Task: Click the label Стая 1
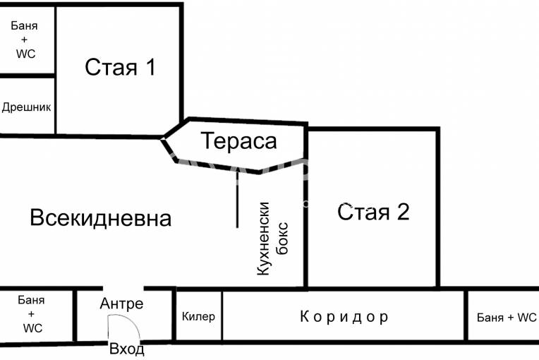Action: [x=120, y=67]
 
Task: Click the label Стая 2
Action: [x=373, y=212]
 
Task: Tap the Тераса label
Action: [x=239, y=140]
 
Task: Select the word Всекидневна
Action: [x=100, y=217]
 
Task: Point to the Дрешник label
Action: [x=27, y=107]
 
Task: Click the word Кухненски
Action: [x=263, y=239]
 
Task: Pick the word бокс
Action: [x=283, y=239]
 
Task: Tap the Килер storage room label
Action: [x=198, y=316]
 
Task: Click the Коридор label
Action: [x=344, y=317]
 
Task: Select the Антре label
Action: [x=121, y=304]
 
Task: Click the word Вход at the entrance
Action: [x=127, y=349]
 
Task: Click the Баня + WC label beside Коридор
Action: [x=507, y=317]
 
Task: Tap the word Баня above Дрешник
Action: [x=24, y=25]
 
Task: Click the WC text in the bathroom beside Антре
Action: [x=32, y=328]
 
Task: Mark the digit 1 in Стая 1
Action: [x=150, y=67]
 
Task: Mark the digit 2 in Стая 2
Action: [x=404, y=212]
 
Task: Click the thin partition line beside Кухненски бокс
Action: [x=237, y=199]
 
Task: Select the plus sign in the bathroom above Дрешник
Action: [x=24, y=40]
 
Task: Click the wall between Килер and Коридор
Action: [x=222, y=316]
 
